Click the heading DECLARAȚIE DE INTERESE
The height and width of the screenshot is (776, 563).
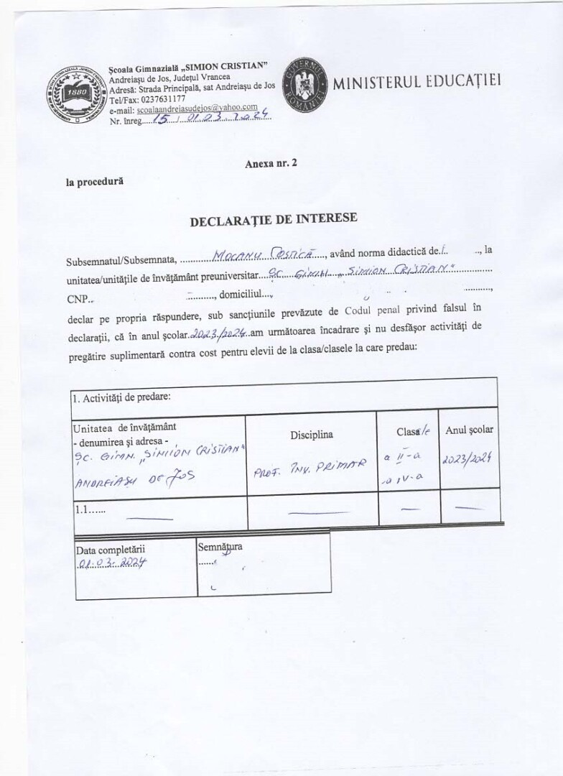[273, 221]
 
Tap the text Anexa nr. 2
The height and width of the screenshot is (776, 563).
[271, 164]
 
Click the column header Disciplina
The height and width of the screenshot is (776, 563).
[312, 435]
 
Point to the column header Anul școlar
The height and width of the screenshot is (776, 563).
[470, 430]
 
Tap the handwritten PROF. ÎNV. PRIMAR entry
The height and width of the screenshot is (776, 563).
[310, 465]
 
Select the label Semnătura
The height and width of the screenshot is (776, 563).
[220, 546]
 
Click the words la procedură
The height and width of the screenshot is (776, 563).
[95, 182]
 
